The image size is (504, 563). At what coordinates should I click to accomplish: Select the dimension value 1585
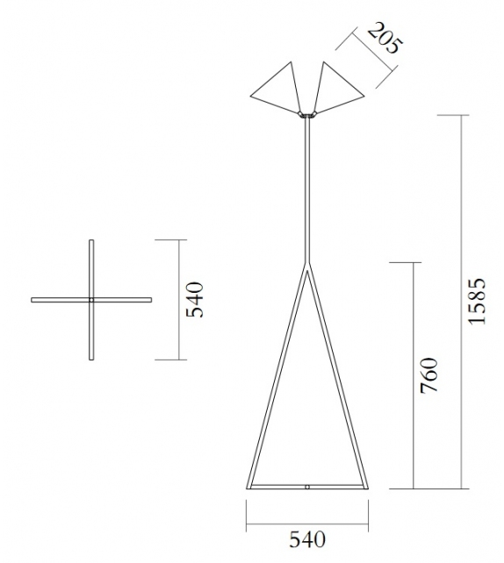[476, 302]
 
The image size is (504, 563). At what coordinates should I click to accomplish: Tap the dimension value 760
[429, 376]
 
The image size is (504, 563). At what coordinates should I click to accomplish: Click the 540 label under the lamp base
[307, 538]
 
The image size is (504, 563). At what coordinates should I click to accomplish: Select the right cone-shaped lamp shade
[336, 87]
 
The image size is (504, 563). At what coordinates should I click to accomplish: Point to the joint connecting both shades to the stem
[306, 114]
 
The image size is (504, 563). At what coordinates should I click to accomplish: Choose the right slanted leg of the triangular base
[337, 377]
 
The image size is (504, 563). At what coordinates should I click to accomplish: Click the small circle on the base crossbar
[306, 485]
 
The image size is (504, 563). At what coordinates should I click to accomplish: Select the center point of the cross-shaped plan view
[91, 299]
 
